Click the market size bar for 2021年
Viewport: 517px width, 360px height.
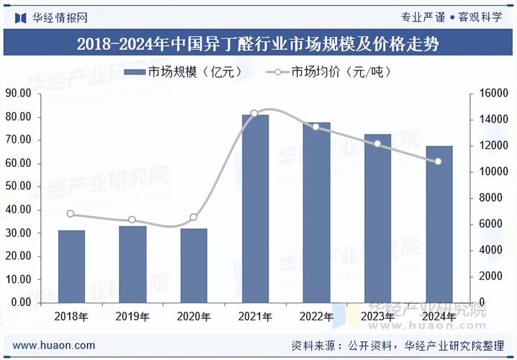(255, 208)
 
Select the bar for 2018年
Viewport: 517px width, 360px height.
(71, 266)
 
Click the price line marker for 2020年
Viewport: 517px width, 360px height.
(193, 217)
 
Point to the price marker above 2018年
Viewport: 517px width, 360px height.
(71, 214)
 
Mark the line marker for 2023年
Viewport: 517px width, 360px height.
(377, 144)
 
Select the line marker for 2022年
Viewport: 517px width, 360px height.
(315, 127)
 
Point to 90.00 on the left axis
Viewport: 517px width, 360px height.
(17, 93)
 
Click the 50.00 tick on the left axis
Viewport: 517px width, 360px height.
(17, 186)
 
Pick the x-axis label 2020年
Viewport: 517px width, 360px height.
(194, 316)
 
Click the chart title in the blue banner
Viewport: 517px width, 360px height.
(258, 43)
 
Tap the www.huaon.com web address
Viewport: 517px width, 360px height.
(54, 346)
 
